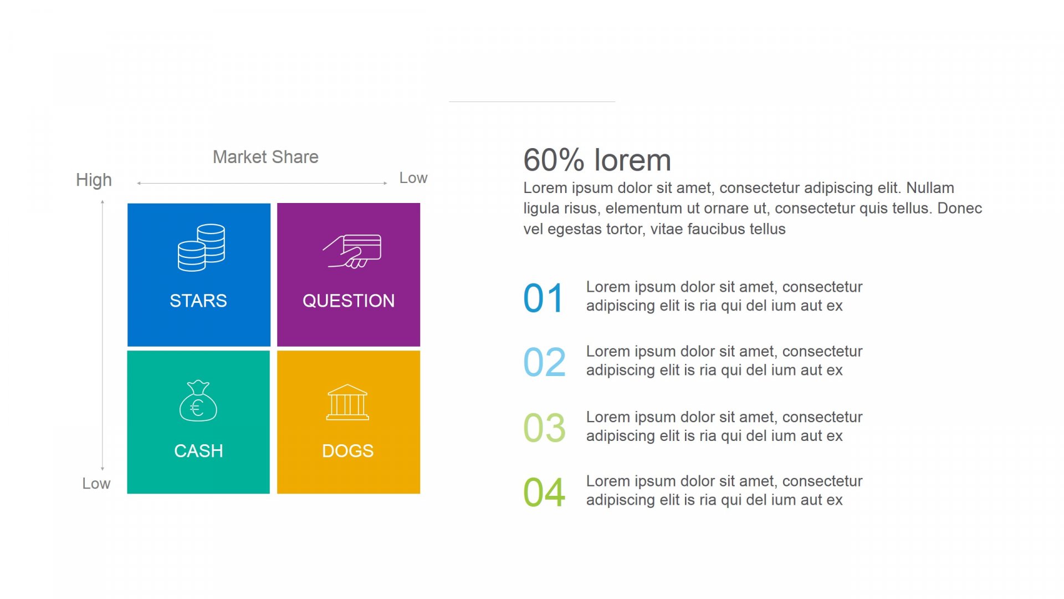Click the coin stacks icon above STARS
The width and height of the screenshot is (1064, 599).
pos(201,247)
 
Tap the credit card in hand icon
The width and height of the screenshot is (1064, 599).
pos(352,251)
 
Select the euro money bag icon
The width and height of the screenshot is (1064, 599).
pos(198,400)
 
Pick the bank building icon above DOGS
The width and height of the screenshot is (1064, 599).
pos(347,402)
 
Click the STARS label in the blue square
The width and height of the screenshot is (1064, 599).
pos(198,301)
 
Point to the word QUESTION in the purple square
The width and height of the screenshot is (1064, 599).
pos(349,301)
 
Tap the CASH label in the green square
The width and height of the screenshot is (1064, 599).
pos(198,451)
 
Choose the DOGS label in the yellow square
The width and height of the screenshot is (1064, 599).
pos(348,451)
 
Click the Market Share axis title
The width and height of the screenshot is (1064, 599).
pos(265,157)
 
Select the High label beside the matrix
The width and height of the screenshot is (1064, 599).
pos(94,180)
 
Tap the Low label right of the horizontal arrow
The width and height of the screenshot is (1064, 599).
pos(413,178)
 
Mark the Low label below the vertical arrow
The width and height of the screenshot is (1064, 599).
pos(96,484)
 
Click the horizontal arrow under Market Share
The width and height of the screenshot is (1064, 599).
pos(262,183)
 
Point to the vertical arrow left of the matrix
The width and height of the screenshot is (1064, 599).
pos(103,336)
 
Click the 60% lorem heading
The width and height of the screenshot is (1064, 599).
pos(597,160)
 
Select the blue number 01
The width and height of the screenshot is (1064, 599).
pos(544,298)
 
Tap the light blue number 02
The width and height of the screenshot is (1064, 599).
pos(545,362)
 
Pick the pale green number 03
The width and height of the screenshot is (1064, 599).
pos(545,428)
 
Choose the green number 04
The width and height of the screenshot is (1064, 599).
pos(545,493)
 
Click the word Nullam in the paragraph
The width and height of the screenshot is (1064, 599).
pos(930,188)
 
